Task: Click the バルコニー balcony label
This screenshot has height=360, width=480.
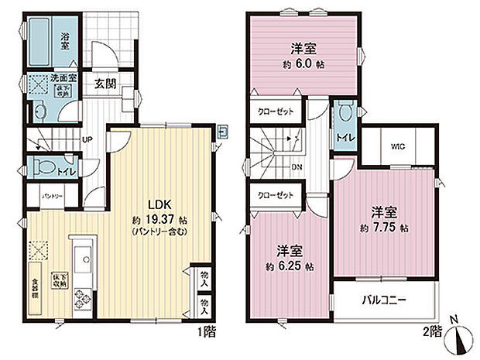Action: coord(384,301)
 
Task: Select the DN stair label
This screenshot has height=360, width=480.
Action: coord(297,166)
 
